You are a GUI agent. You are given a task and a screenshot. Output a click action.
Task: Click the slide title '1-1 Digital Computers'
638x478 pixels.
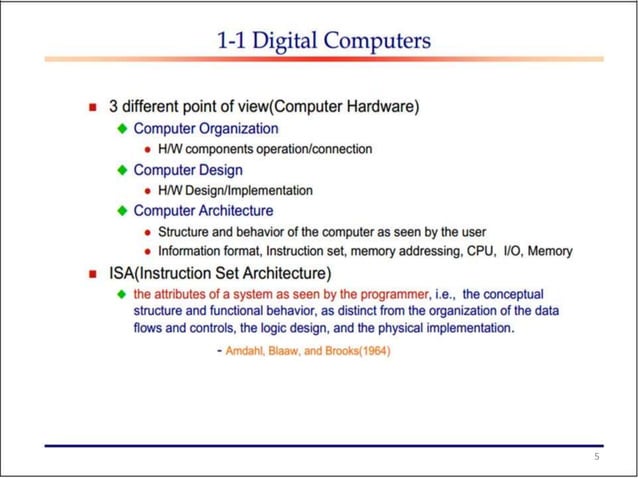coord(324,42)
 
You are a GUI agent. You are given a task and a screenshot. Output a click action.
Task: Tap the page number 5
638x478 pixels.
coord(596,457)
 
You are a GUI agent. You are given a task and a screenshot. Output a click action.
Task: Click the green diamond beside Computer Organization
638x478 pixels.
coord(122,129)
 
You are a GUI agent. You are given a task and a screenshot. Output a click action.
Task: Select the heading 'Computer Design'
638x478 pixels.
coord(188,170)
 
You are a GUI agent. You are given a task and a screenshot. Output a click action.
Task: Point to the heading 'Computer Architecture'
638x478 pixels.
coord(203,211)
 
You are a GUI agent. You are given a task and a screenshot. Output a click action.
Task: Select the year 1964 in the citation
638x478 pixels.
coord(373,351)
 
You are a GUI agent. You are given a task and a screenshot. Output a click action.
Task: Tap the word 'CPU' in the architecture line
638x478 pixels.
coord(480,251)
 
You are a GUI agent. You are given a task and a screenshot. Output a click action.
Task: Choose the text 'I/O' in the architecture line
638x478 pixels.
coord(513,251)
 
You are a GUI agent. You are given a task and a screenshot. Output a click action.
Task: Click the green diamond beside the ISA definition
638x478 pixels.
coord(122,294)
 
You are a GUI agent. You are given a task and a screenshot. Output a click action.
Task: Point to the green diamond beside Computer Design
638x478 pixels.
coord(122,170)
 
